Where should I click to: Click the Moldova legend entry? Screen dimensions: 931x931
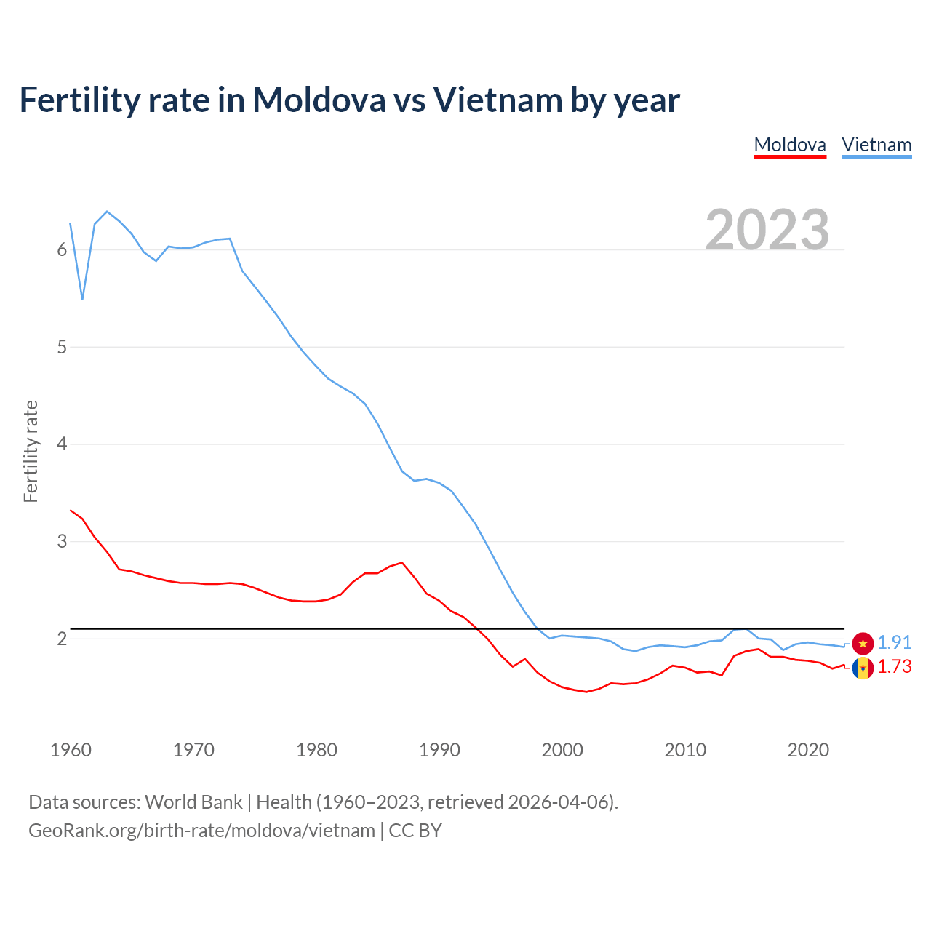pos(790,145)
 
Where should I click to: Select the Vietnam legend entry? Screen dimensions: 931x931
pos(876,145)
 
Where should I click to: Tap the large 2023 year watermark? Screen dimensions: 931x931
pos(767,230)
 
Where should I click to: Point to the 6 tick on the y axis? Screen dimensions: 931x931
pos(62,249)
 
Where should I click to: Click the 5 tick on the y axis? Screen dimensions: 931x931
pos(62,347)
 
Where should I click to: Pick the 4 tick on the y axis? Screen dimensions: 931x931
pos(62,444)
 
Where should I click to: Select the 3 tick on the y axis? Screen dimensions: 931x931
pos(62,541)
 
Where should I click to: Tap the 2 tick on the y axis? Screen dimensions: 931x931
pos(62,639)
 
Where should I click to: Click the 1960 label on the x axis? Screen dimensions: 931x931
pos(71,750)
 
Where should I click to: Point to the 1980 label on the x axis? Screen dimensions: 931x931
pos(316,750)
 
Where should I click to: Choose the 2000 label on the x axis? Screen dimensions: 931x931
pos(562,750)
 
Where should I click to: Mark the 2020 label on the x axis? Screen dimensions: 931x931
pos(808,750)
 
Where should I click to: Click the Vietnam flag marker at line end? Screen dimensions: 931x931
pos(863,643)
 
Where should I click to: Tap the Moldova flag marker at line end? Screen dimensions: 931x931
pos(863,668)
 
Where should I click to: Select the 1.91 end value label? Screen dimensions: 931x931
pos(895,642)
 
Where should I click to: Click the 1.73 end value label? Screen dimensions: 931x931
pos(895,666)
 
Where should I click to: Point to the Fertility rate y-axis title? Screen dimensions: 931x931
pos(31,451)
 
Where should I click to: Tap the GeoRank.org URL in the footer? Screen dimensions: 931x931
pos(201,830)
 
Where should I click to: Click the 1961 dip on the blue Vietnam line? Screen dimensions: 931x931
pos(82,299)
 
